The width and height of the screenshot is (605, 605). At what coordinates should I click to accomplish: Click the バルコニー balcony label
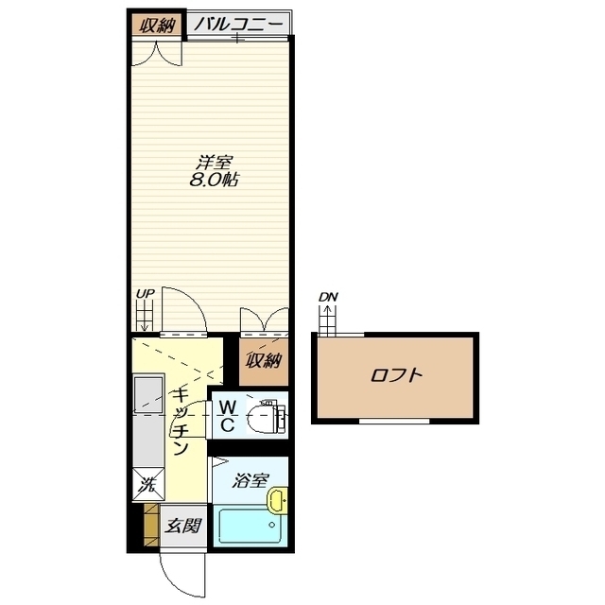point(238,25)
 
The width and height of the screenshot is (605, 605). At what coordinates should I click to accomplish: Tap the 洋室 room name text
point(214,163)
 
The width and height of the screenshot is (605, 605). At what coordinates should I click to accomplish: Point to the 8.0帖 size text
point(214,180)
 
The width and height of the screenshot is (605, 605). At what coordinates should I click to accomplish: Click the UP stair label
point(145,294)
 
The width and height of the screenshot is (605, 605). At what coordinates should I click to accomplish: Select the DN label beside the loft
point(328,297)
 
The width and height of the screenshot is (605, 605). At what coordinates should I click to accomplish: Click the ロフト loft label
point(396,375)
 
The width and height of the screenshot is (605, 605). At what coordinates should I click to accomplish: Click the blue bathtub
point(249,525)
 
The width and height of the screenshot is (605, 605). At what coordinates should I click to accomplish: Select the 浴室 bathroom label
point(250,481)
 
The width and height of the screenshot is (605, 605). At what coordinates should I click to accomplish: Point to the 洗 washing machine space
point(148,484)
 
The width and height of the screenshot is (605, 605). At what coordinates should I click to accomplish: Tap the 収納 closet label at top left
point(157,26)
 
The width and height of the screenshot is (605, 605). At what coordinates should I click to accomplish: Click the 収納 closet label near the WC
point(264,361)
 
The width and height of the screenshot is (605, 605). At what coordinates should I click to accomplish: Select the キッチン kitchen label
point(181,422)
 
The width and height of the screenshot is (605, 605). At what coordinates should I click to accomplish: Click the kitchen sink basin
point(148,394)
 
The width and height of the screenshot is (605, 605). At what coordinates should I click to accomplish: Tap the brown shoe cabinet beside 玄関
point(151,525)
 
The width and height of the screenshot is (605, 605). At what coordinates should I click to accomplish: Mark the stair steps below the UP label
point(145,316)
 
